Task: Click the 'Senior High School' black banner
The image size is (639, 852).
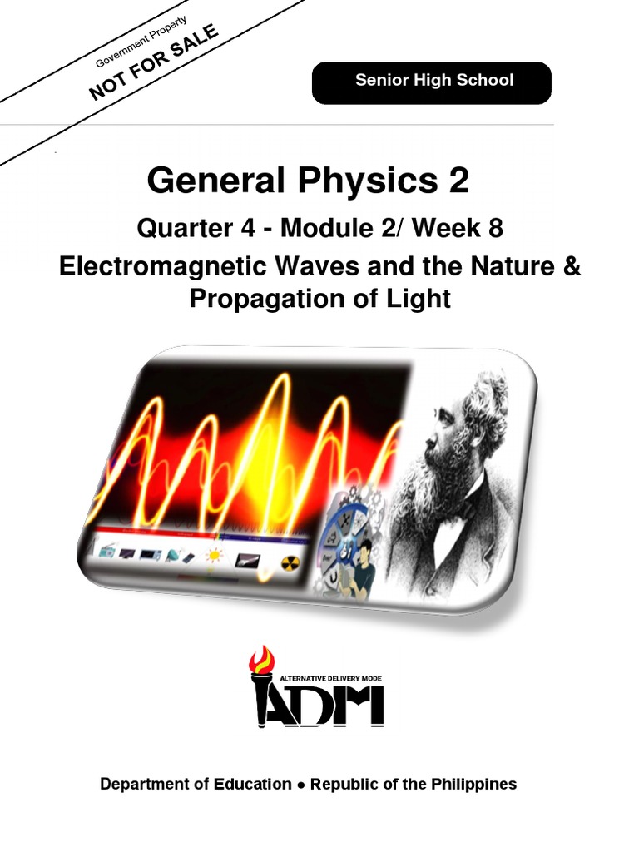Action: click(431, 82)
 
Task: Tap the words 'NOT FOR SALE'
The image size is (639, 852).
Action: click(156, 62)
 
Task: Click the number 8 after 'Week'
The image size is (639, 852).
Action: click(496, 228)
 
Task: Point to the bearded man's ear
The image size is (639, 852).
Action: click(475, 429)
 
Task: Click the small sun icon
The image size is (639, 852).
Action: click(215, 555)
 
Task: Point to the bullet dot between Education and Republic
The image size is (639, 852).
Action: click(300, 785)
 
